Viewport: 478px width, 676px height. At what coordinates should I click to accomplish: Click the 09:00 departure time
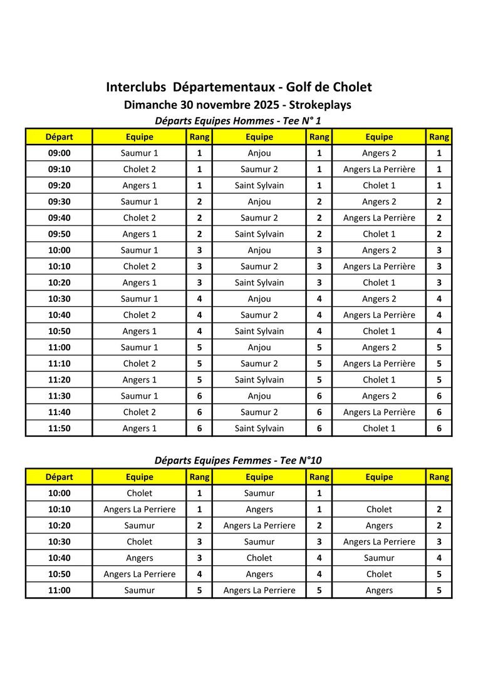[60, 153]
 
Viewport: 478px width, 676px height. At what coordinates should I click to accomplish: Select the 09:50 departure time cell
[60, 234]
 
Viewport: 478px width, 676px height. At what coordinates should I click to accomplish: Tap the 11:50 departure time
[60, 428]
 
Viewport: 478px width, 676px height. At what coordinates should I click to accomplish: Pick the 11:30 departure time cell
[60, 396]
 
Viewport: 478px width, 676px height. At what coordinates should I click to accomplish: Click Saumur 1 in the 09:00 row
[139, 153]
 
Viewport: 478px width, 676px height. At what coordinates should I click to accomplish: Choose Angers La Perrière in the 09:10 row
[379, 169]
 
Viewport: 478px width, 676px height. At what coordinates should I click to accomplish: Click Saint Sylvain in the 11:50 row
[259, 428]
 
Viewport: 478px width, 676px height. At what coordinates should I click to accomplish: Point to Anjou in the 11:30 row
[259, 396]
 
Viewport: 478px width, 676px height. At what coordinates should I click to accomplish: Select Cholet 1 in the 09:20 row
[379, 185]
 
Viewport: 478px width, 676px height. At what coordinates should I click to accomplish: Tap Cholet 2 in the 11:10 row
[139, 363]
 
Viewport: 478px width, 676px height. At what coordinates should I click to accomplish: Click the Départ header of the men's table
[60, 136]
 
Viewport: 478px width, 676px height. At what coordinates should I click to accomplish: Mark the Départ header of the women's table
[60, 477]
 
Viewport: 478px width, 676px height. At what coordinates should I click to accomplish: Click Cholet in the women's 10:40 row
[259, 558]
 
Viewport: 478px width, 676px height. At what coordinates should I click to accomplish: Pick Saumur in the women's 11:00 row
[139, 590]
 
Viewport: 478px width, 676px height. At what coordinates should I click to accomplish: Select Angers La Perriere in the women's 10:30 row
[379, 541]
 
